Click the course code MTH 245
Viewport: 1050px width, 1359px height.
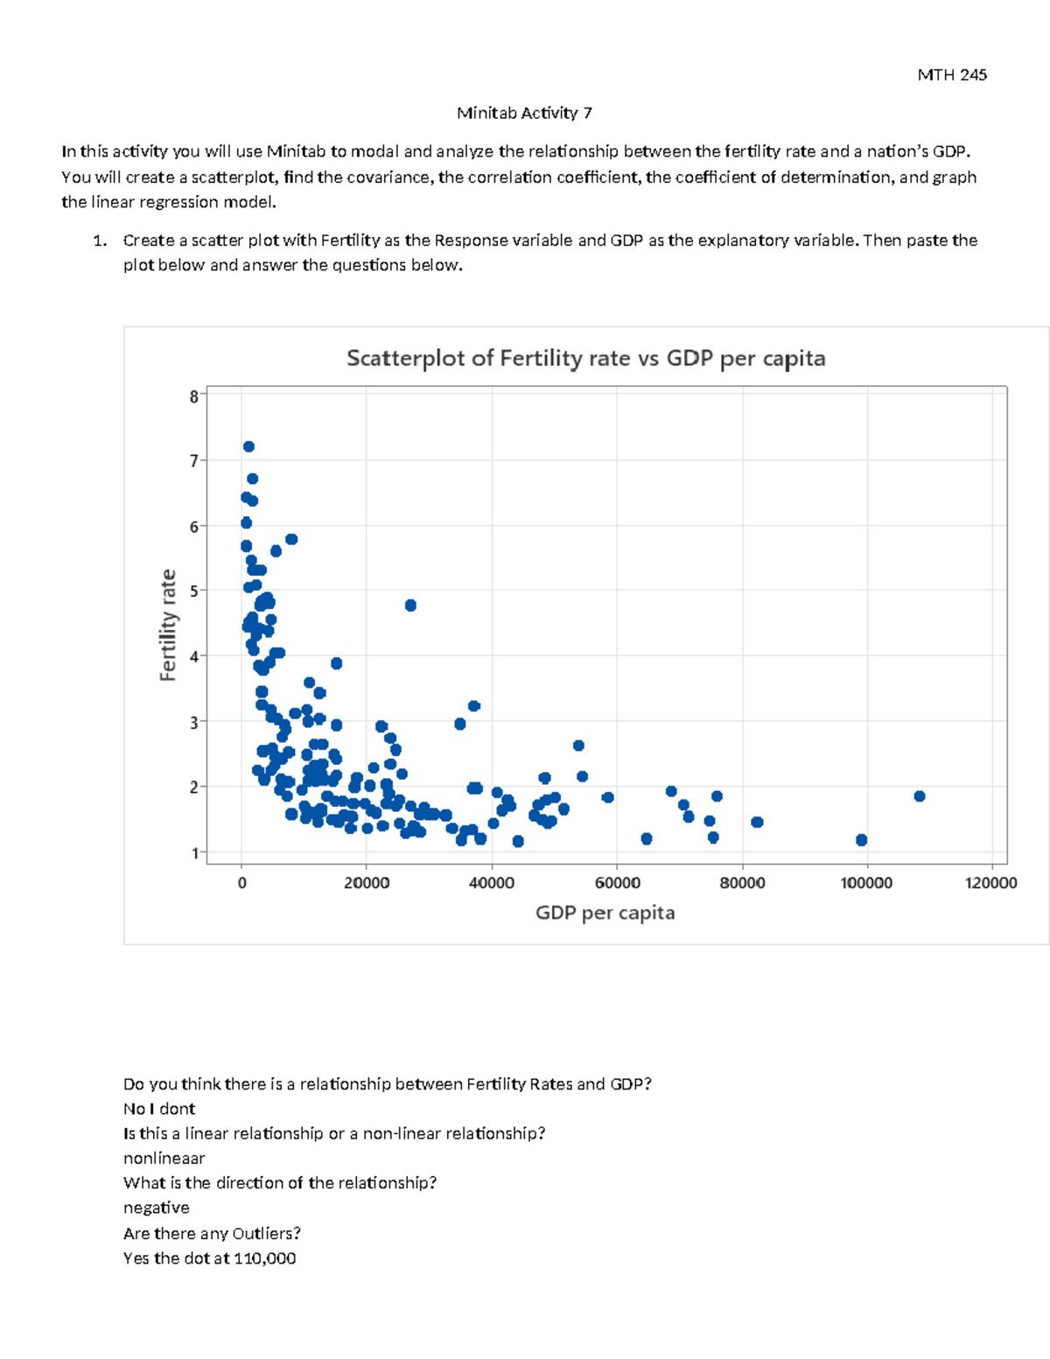(x=951, y=75)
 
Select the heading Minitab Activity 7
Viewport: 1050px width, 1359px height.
(x=524, y=113)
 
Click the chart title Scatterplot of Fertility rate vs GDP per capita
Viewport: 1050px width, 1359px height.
(x=585, y=359)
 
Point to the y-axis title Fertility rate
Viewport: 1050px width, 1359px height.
(x=168, y=625)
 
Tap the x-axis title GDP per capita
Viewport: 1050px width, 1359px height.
(x=605, y=913)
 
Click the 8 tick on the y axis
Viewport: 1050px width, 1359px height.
(x=194, y=396)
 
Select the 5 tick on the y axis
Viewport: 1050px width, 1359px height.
(x=194, y=591)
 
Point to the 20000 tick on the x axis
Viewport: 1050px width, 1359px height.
(x=367, y=883)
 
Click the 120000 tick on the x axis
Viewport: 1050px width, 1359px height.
(x=990, y=883)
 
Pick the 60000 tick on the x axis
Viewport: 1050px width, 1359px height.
(x=617, y=883)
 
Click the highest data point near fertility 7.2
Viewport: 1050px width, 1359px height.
(x=248, y=446)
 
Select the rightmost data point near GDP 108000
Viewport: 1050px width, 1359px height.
(x=920, y=796)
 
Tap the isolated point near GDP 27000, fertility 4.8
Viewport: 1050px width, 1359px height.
(x=410, y=606)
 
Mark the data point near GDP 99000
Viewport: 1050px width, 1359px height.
(x=862, y=840)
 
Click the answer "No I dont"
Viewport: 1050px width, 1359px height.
(x=159, y=1109)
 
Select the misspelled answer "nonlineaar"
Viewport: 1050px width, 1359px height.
(x=164, y=1158)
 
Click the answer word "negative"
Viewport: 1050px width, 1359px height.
(x=156, y=1208)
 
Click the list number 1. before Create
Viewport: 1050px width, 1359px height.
(x=100, y=241)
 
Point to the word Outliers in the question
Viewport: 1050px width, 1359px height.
(x=262, y=1233)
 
